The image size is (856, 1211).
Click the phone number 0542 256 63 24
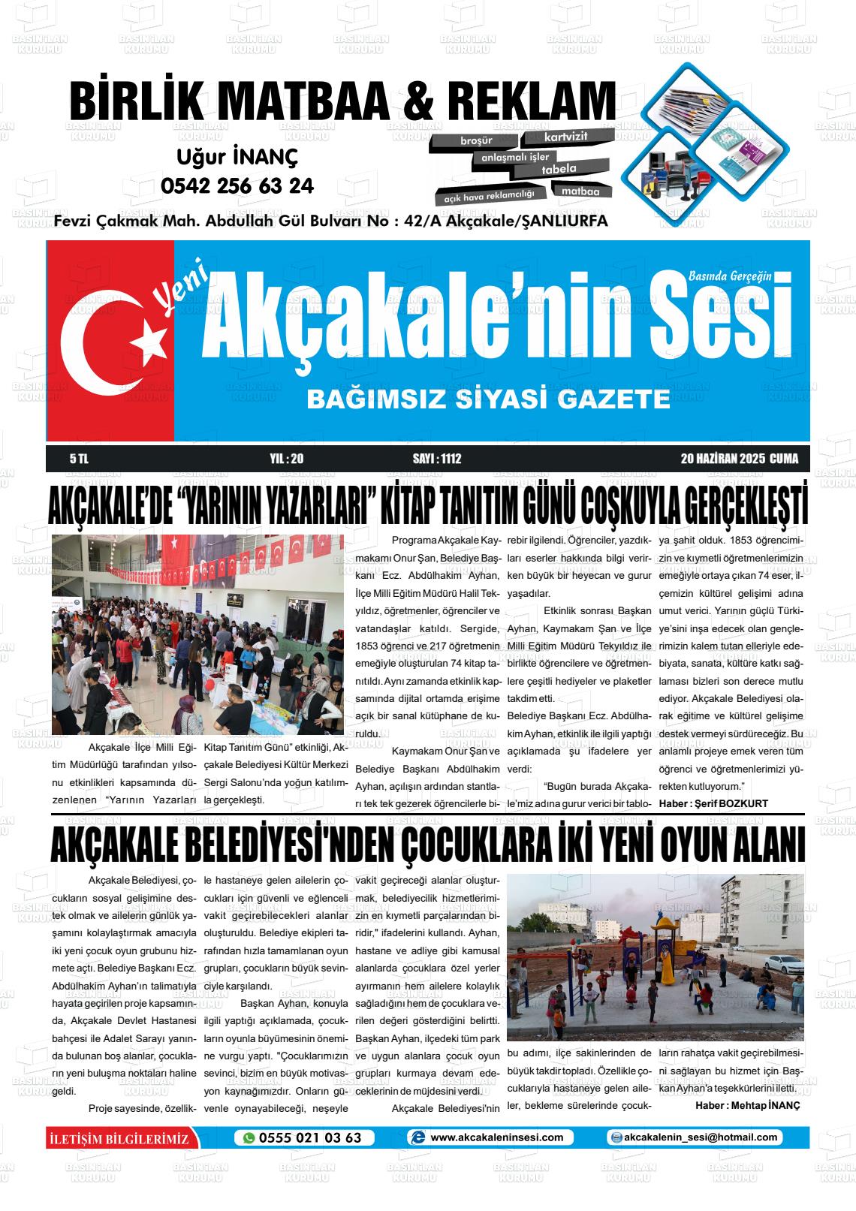[x=237, y=185]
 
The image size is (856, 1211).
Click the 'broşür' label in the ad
[x=476, y=140]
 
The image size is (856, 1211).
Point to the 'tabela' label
[x=559, y=169]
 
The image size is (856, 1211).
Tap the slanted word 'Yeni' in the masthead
[x=175, y=294]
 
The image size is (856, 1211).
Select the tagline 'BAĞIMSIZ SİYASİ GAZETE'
[x=488, y=399]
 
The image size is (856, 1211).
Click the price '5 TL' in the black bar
[x=78, y=459]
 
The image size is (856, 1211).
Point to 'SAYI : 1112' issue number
[x=436, y=459]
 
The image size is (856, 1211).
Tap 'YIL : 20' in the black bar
[x=286, y=459]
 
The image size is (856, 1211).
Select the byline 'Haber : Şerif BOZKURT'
[x=713, y=803]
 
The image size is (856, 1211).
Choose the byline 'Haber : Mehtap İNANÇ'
[x=747, y=1105]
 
